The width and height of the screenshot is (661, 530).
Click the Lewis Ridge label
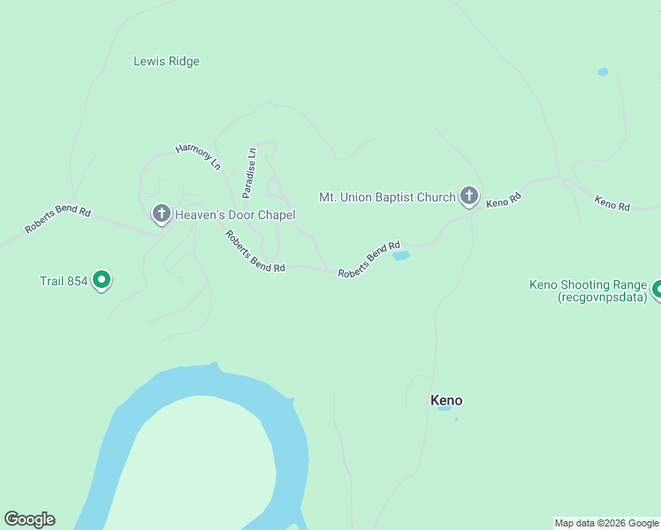click(166, 62)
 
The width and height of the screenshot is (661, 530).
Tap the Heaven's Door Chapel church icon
click(161, 213)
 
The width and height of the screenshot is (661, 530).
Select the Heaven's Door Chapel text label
click(234, 215)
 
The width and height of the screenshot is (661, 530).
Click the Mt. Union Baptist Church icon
click(468, 196)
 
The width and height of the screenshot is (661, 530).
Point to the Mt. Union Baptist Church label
click(387, 197)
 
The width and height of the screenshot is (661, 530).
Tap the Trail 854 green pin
click(102, 280)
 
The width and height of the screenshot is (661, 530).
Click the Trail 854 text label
click(64, 282)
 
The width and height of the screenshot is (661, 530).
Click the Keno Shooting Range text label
click(589, 291)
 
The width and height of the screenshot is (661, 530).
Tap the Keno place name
click(446, 400)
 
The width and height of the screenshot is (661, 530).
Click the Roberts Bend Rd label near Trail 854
click(58, 220)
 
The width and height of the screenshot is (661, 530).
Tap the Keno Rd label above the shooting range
click(612, 203)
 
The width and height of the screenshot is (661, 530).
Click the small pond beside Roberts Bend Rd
click(401, 256)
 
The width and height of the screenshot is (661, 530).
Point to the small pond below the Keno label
click(444, 409)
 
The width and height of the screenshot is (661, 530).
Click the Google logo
click(29, 519)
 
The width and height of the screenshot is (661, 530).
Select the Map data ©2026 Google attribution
click(606, 523)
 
